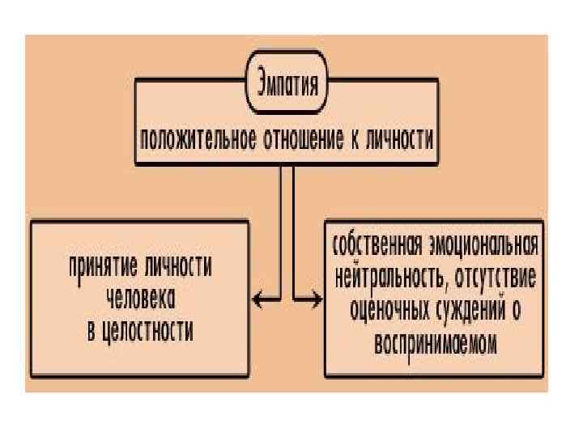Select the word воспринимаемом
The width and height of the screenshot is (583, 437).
click(436, 342)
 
